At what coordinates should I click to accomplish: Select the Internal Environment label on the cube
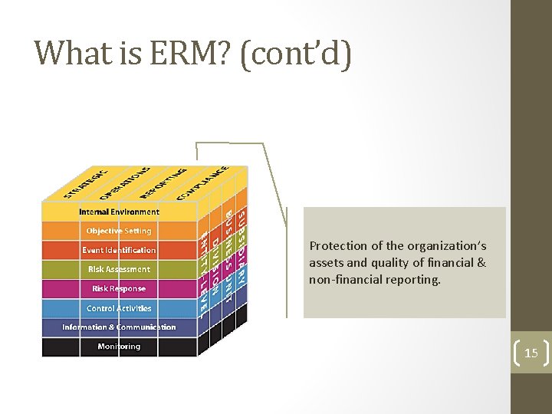click(119, 212)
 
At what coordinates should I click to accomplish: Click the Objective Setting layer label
click(119, 231)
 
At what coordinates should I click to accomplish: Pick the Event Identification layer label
click(119, 250)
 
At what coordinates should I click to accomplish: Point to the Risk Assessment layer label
click(119, 269)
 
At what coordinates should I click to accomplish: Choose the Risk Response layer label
click(119, 289)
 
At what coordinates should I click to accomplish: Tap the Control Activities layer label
click(119, 308)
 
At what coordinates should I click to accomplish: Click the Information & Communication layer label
click(119, 327)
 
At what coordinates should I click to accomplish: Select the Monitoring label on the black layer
click(119, 347)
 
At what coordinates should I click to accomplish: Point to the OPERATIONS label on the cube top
click(126, 182)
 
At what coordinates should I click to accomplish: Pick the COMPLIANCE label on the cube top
click(202, 183)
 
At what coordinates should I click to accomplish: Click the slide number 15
click(531, 354)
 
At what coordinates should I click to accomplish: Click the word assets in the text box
click(325, 263)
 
